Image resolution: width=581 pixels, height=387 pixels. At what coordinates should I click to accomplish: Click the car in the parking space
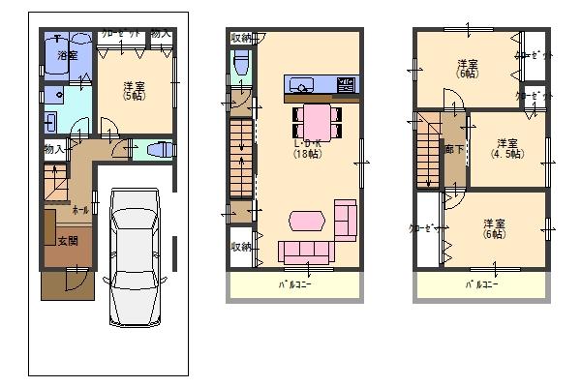[135, 257]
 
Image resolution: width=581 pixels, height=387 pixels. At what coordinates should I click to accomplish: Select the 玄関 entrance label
[67, 241]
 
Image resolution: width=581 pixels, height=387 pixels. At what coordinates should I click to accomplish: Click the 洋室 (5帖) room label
[134, 92]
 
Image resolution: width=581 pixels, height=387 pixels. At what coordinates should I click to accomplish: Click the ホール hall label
[79, 209]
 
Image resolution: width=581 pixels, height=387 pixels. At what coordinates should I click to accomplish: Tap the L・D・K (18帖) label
[309, 150]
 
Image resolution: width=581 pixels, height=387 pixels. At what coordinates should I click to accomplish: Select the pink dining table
[316, 121]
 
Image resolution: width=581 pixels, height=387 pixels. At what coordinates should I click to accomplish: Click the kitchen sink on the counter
[300, 84]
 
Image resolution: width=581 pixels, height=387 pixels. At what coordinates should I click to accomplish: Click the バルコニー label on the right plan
[481, 285]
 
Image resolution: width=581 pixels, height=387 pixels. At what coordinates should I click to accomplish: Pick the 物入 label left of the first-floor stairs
[53, 150]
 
